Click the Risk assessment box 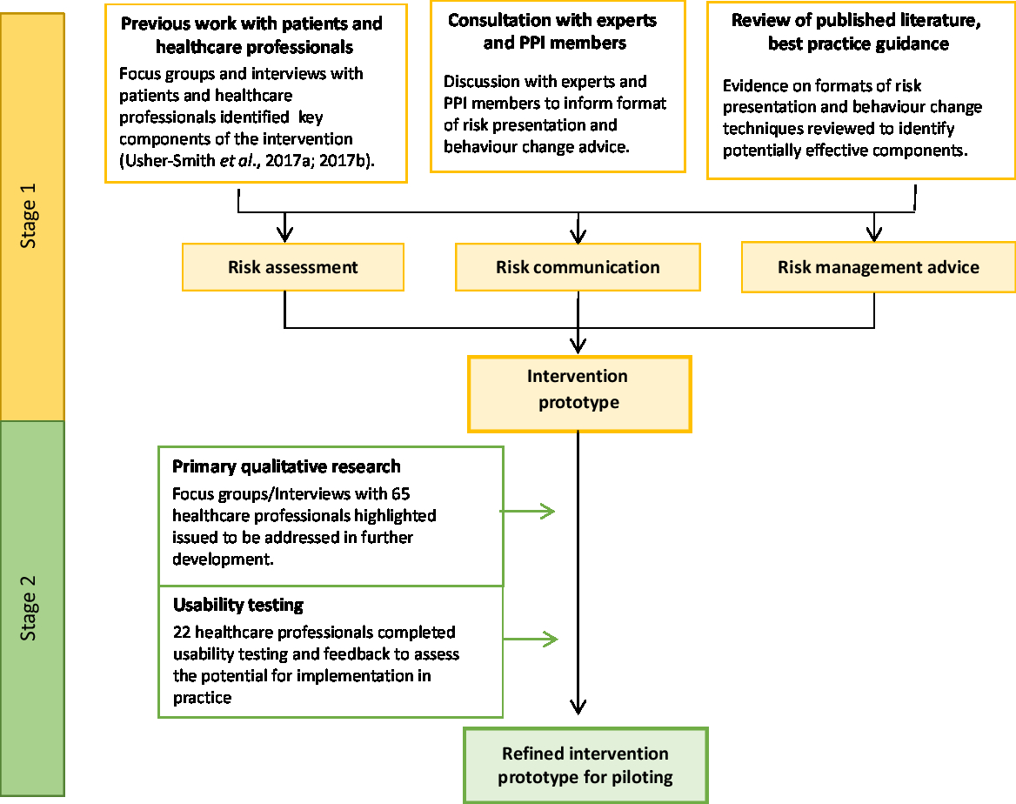[x=292, y=267]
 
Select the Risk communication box [x=578, y=267]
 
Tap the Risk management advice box [x=878, y=267]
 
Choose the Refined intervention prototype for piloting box [x=585, y=765]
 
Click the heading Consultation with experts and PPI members [x=552, y=31]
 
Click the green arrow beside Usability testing [x=531, y=640]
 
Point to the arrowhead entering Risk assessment [x=284, y=234]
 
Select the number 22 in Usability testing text [x=182, y=632]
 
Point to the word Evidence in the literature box [x=753, y=85]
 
